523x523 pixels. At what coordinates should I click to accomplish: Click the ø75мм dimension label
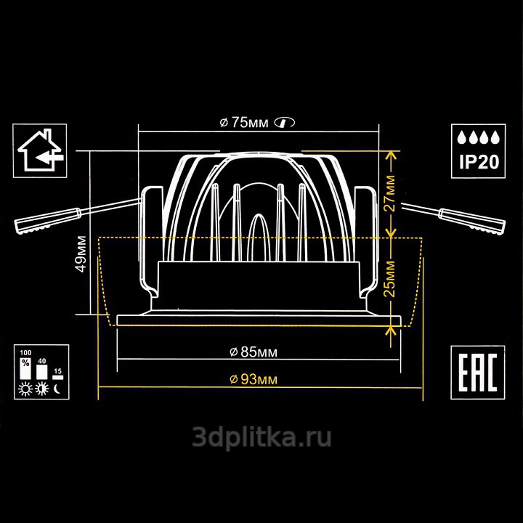pyautogui.click(x=244, y=123)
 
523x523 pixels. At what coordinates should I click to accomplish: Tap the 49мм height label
pyautogui.click(x=81, y=254)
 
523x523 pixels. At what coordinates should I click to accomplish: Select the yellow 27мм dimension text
pyautogui.click(x=389, y=193)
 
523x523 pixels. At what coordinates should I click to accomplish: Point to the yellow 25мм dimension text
pyautogui.click(x=389, y=279)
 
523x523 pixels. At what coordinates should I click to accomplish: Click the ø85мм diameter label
pyautogui.click(x=254, y=352)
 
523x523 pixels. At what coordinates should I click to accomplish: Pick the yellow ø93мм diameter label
pyautogui.click(x=254, y=380)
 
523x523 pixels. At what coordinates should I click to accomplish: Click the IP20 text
pyautogui.click(x=479, y=162)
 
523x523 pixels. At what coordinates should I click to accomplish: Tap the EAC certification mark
pyautogui.click(x=478, y=373)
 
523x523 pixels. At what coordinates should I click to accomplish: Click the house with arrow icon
pyautogui.click(x=40, y=150)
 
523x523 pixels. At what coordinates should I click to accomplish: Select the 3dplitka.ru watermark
pyautogui.click(x=261, y=437)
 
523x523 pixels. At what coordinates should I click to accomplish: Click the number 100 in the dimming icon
pyautogui.click(x=25, y=353)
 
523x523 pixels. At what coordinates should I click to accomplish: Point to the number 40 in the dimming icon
pyautogui.click(x=42, y=361)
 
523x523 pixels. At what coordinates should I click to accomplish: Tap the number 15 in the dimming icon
pyautogui.click(x=57, y=371)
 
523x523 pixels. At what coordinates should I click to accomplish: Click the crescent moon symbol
pyautogui.click(x=57, y=389)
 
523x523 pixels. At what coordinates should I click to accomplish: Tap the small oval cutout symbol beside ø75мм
pyautogui.click(x=285, y=123)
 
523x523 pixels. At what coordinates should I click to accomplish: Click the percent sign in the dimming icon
pyautogui.click(x=25, y=362)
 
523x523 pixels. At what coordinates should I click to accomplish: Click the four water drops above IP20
pyautogui.click(x=478, y=137)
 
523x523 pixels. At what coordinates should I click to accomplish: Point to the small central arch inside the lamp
pyautogui.click(x=258, y=237)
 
